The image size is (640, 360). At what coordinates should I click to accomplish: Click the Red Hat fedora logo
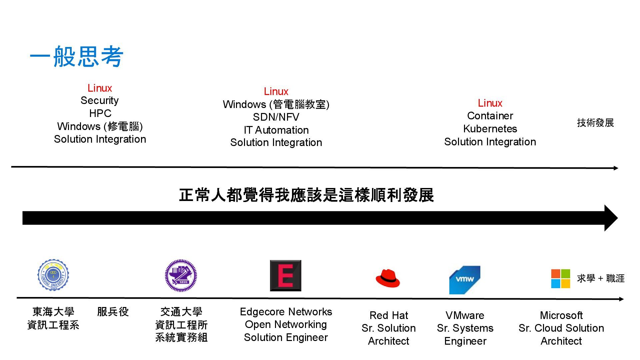(388, 278)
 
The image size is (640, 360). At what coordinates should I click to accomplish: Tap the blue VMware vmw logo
(465, 280)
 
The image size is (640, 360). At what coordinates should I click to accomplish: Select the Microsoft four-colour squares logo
(560, 279)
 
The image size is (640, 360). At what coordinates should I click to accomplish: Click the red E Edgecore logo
(285, 276)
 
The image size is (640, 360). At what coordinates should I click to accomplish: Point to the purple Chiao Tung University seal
(181, 276)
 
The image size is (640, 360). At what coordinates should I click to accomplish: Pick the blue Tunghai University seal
(53, 275)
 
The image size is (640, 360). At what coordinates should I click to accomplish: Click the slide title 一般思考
(77, 56)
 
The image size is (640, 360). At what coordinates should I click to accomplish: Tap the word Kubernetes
(490, 129)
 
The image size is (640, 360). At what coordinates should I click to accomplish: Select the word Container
(490, 116)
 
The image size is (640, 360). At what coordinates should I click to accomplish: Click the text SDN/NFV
(276, 117)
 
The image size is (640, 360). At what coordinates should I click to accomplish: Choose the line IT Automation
(276, 130)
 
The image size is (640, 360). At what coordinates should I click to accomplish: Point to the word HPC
(100, 113)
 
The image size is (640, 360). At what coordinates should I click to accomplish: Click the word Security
(100, 100)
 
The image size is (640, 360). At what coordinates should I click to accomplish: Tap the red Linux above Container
(490, 103)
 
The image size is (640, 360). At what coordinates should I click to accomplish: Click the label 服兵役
(113, 312)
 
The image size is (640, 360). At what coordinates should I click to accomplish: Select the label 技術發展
(595, 123)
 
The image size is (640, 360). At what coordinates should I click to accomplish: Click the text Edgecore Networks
(286, 312)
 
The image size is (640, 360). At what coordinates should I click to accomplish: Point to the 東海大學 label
(53, 312)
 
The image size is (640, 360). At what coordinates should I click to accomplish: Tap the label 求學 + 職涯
(601, 278)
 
